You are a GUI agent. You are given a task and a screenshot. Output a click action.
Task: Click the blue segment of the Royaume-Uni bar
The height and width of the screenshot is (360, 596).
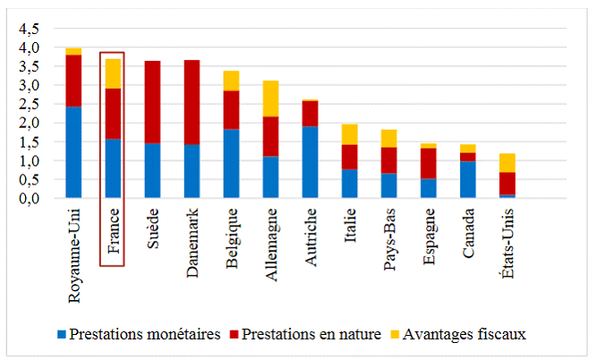click(x=73, y=152)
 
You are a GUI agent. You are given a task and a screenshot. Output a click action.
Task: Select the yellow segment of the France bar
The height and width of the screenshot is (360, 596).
click(x=114, y=73)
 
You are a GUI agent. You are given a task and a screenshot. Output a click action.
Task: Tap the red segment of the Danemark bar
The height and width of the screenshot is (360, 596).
click(x=192, y=102)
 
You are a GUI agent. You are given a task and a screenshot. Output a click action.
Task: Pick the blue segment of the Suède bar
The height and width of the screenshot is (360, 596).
click(x=153, y=170)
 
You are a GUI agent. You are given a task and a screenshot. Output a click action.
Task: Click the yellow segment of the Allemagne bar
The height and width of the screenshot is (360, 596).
click(x=270, y=99)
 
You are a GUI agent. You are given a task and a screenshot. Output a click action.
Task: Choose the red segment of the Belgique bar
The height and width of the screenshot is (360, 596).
click(x=231, y=109)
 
